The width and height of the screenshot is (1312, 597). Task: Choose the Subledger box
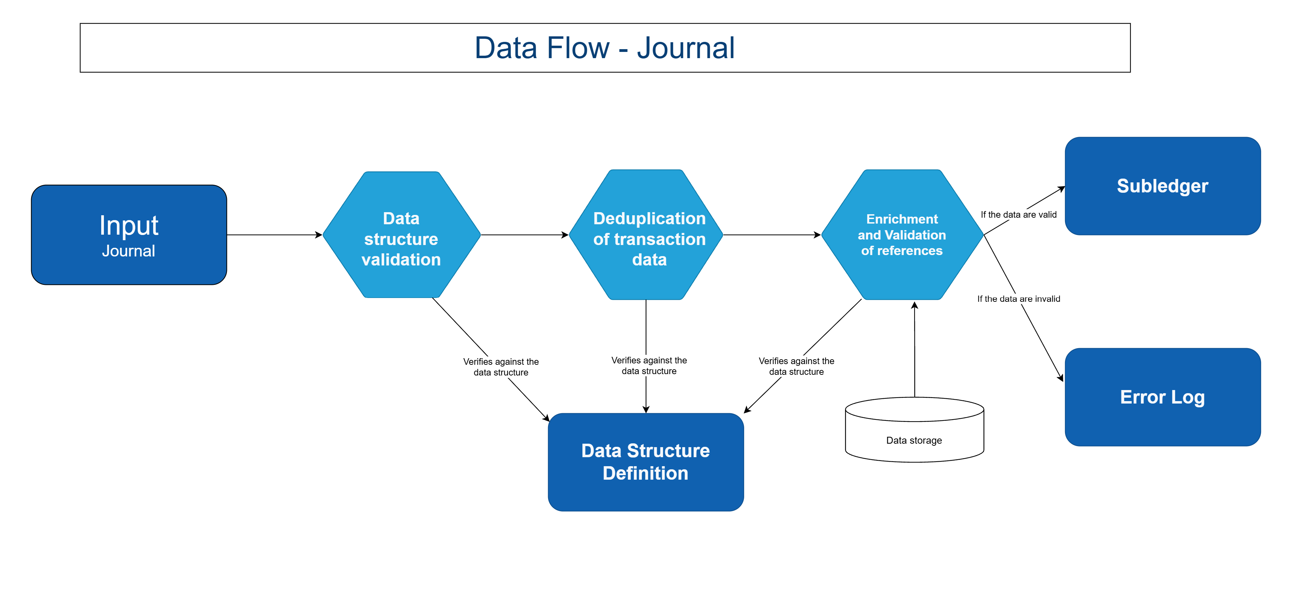point(1162,186)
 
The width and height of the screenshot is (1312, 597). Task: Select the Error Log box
point(1162,397)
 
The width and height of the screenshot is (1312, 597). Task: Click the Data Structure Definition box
point(646,462)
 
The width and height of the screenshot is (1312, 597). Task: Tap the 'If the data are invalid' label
point(1019,299)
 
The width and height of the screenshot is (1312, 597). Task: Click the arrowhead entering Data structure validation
point(319,235)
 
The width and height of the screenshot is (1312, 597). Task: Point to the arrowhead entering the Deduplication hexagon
point(565,235)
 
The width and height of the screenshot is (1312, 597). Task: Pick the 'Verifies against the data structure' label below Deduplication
point(649,366)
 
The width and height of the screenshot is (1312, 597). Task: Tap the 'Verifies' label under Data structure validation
point(501,367)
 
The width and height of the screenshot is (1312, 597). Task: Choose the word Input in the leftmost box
point(129,225)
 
